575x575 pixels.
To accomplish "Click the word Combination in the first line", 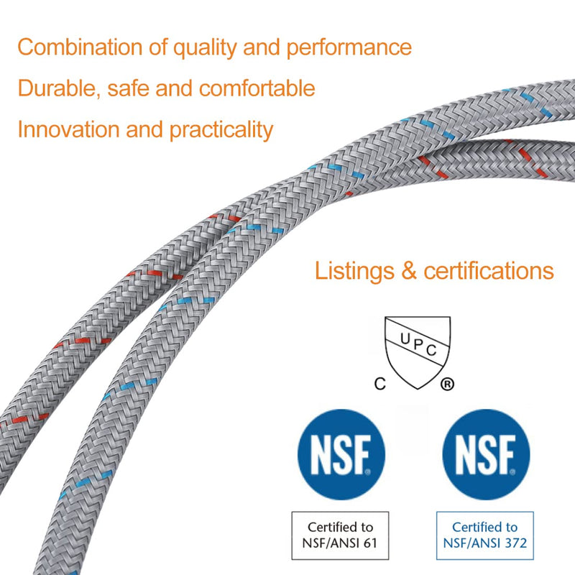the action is pos(80,47).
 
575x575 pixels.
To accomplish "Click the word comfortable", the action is pos(257,88).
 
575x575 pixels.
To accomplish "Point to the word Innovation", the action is pos(68,129).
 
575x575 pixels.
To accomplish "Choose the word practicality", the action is pos(221,131).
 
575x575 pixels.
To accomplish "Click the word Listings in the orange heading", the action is pos(354,272).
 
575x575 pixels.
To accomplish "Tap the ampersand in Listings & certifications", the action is pos(409,271).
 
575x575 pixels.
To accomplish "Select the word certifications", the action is pos(489,271).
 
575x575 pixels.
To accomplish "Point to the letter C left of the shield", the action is pos(380,384).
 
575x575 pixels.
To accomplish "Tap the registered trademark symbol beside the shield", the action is pos(447,385).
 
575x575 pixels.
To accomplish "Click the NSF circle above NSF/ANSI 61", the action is pos(341,454).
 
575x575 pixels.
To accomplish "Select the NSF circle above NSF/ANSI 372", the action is pos(486,454).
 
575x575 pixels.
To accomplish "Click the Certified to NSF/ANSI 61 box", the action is pos(340,535).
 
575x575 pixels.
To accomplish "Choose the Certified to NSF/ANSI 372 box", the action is pos(484,535).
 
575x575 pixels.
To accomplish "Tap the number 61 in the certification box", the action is pos(369,543).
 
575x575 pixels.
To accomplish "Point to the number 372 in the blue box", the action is pos(515,543).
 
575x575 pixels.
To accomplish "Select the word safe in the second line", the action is pos(128,88).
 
